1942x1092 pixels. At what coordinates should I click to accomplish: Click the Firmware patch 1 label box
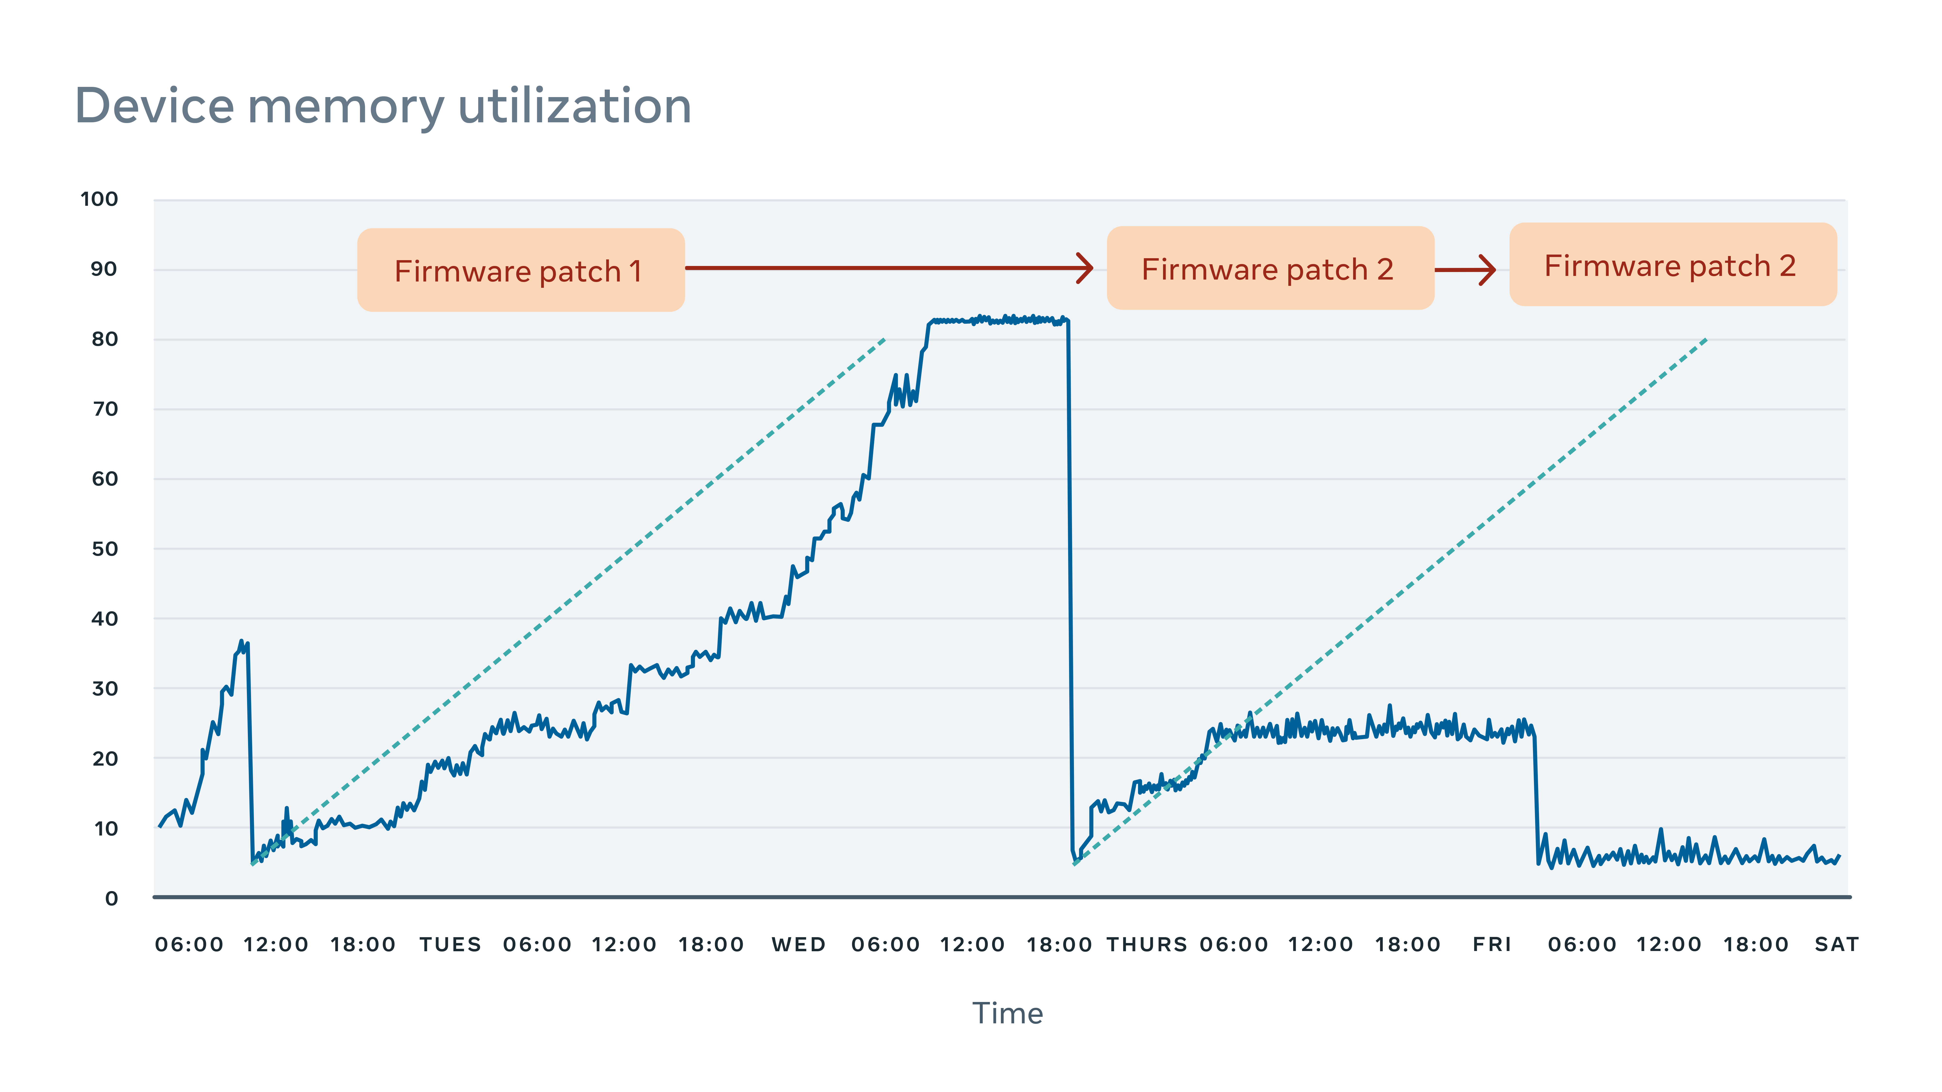tap(520, 270)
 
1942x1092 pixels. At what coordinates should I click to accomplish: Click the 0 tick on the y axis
tap(112, 898)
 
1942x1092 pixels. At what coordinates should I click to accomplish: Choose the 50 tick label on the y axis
tap(105, 549)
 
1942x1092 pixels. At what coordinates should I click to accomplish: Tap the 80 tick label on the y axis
tap(105, 340)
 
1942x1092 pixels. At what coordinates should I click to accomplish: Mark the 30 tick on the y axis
tap(105, 689)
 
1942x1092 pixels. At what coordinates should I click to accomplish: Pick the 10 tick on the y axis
tap(106, 829)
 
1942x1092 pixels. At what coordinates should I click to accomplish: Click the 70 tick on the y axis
tap(105, 409)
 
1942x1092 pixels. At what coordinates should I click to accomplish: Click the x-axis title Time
tap(1007, 1014)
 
